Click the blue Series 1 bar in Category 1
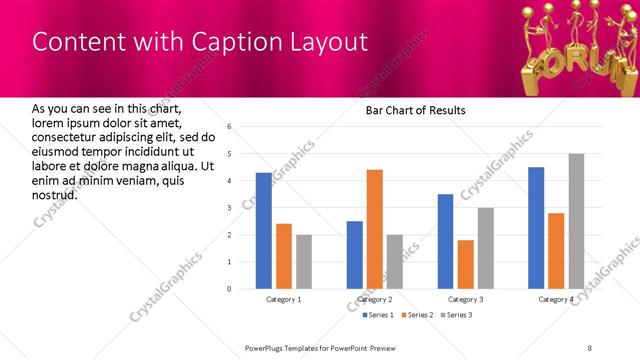[x=263, y=231]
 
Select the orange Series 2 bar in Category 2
[x=375, y=229]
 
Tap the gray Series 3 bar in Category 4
[x=576, y=221]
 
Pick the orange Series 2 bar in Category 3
[x=465, y=264]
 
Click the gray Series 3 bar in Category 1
[x=303, y=262]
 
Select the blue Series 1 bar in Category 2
[x=355, y=255]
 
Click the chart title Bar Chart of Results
[x=410, y=110]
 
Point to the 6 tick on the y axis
[x=229, y=127]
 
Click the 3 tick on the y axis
[x=229, y=208]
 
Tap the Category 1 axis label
[x=284, y=300]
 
